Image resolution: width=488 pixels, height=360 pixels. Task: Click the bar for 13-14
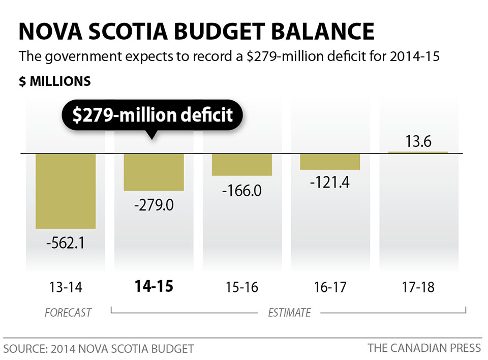click(65, 191)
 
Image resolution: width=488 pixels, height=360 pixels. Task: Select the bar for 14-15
click(154, 172)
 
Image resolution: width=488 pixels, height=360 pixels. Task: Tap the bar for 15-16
click(242, 164)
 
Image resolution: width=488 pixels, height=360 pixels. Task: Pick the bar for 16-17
click(330, 161)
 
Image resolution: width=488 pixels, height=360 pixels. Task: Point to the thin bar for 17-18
click(418, 152)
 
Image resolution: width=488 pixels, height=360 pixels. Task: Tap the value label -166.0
click(242, 191)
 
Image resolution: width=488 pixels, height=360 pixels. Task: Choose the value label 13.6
click(418, 141)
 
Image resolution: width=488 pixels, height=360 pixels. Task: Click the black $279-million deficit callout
click(152, 115)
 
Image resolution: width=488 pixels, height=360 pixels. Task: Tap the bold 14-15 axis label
click(154, 286)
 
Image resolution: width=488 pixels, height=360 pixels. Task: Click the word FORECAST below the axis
click(68, 312)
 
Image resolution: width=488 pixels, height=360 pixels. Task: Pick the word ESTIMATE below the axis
click(289, 312)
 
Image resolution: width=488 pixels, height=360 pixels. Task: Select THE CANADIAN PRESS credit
click(424, 348)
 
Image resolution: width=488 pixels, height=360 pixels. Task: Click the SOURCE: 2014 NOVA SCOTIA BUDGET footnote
click(99, 349)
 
